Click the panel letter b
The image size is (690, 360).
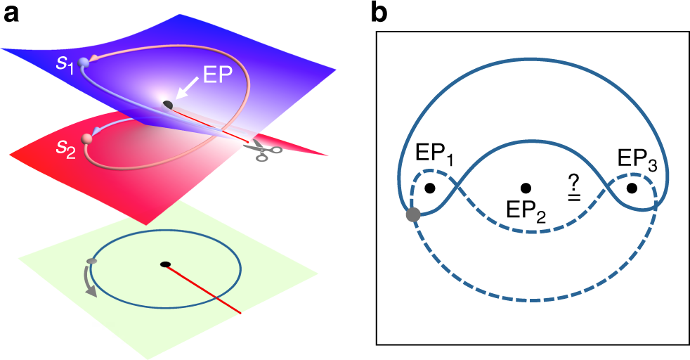(377, 13)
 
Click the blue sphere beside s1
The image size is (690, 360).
(84, 63)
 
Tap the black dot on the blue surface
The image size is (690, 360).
(167, 105)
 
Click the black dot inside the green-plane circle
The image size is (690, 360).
(165, 264)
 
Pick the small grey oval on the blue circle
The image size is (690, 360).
(91, 262)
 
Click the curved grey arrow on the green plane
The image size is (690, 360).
(90, 281)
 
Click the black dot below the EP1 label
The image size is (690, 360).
(430, 188)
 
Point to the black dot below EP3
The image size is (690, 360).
(632, 188)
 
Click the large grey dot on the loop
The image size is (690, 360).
(414, 214)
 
